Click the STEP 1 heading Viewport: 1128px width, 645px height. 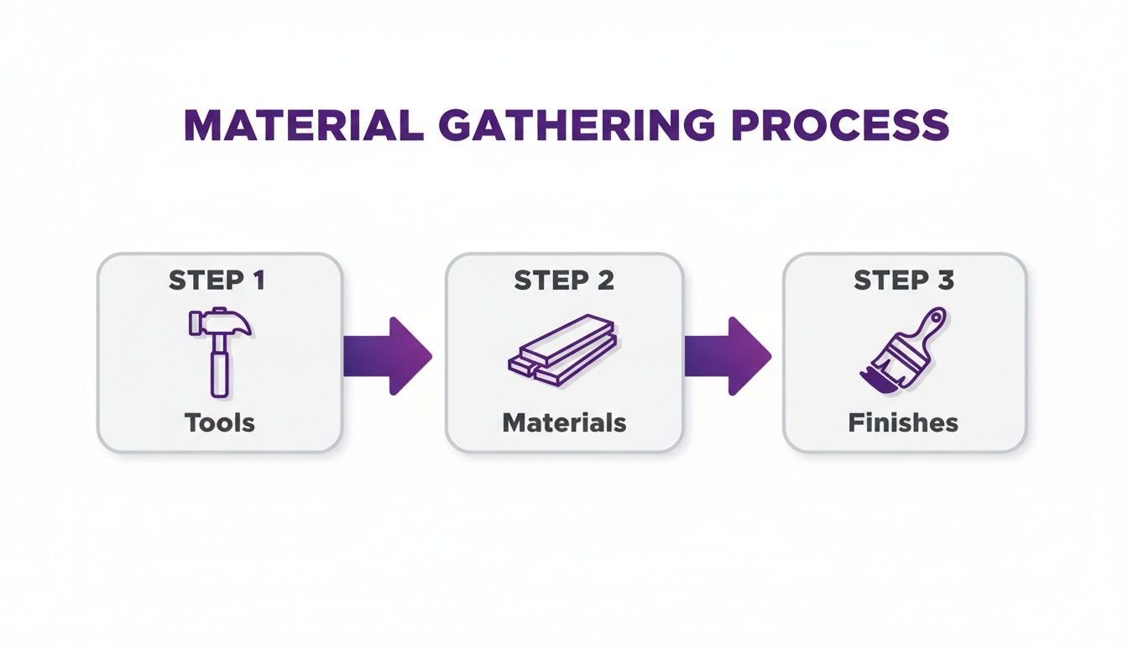tap(217, 281)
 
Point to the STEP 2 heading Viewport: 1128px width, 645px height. tap(563, 281)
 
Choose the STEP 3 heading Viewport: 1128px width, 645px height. tap(904, 281)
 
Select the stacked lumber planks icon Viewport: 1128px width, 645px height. tap(563, 350)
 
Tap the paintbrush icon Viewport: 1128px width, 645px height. tap(901, 350)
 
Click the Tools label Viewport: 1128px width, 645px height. tap(219, 422)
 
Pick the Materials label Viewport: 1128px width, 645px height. tap(564, 422)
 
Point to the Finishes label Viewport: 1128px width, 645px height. tap(903, 422)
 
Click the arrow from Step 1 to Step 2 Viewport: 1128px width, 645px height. tap(387, 356)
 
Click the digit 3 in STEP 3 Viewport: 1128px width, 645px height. tap(946, 281)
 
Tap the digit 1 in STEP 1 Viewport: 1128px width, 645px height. tap(258, 281)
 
